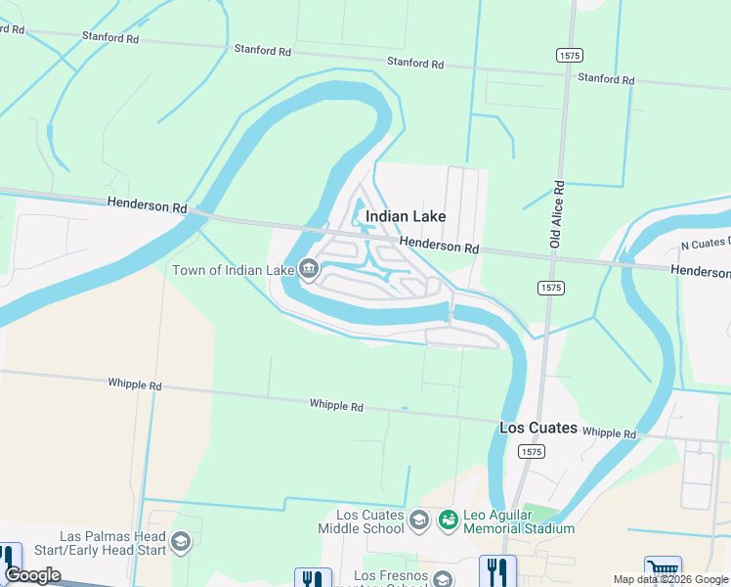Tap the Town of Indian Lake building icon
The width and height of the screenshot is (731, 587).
coord(309,269)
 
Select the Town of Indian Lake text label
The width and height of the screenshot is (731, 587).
coord(234,270)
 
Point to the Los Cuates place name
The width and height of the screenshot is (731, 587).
coord(537,429)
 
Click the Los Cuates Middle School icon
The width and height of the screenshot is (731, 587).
coord(420,519)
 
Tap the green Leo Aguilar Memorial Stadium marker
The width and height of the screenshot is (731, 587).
coord(449,519)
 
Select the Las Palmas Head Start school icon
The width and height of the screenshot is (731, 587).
coord(181,541)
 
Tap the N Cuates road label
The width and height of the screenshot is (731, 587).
coord(704,243)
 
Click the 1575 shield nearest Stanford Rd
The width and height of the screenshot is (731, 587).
coord(570,56)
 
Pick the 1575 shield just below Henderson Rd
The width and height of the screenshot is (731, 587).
coord(549,288)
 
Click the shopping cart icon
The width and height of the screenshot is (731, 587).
coord(663,570)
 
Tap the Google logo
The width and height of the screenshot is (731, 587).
coord(32,575)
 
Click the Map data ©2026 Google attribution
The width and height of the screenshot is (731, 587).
coord(670,579)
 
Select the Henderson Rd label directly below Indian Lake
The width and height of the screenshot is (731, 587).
coord(440,248)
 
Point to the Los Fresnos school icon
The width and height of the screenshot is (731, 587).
coord(443,578)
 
